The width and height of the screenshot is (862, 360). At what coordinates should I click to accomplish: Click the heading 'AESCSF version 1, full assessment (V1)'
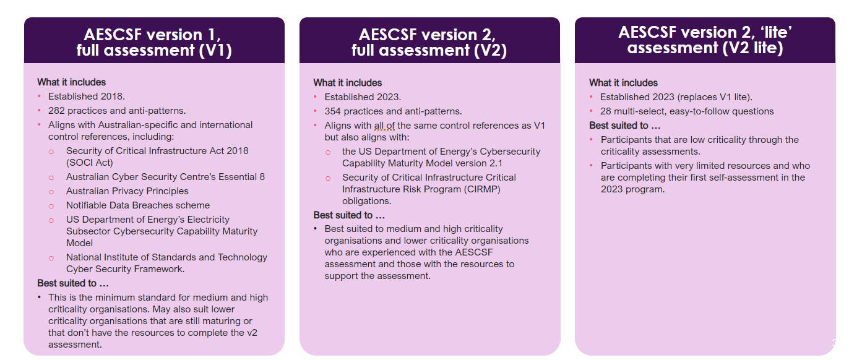coord(154,42)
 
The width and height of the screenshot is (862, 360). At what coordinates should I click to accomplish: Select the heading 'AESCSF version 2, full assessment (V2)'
coord(429,42)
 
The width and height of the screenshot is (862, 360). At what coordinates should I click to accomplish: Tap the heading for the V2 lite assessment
coord(705,40)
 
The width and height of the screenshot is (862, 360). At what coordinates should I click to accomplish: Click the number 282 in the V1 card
coord(57,111)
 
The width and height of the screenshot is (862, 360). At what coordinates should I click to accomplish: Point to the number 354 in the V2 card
coord(333,111)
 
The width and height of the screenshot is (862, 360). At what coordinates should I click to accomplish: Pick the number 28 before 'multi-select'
coord(606,111)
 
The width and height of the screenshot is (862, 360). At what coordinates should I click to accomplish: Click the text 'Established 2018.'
coord(86,96)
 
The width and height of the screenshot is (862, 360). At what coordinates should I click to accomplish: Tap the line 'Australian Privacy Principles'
coord(127,191)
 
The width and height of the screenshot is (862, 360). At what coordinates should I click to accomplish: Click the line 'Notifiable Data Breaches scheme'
coord(137,205)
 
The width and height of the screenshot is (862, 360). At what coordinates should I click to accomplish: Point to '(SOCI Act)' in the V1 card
coord(89,163)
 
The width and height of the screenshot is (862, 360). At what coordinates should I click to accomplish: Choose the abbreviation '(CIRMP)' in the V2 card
coord(482,189)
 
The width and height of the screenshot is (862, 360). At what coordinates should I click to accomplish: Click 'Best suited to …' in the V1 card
coord(73,283)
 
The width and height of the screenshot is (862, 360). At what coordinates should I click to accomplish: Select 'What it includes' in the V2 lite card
coord(623,82)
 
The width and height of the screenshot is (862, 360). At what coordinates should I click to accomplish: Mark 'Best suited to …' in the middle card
coord(349,215)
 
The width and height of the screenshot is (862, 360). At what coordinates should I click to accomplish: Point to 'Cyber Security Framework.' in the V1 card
coord(125,269)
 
